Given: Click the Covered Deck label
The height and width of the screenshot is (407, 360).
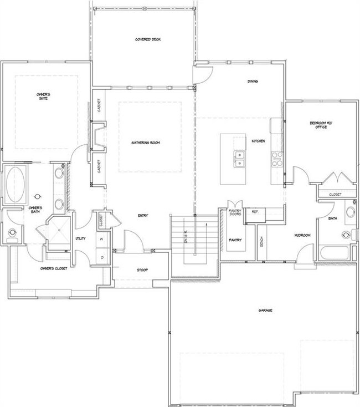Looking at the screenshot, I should point(144,40).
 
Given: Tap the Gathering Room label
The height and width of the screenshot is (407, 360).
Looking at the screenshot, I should point(146,143).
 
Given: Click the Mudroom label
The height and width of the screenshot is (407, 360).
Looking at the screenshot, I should point(301,236).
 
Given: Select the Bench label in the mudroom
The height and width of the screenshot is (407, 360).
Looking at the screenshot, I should point(261,242).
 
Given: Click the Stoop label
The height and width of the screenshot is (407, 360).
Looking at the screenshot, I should point(143,270).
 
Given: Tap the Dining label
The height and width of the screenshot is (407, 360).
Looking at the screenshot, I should point(253,82).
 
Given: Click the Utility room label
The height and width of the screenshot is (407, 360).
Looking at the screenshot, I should point(79,238).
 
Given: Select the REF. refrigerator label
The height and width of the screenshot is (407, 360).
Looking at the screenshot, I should point(255,211).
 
